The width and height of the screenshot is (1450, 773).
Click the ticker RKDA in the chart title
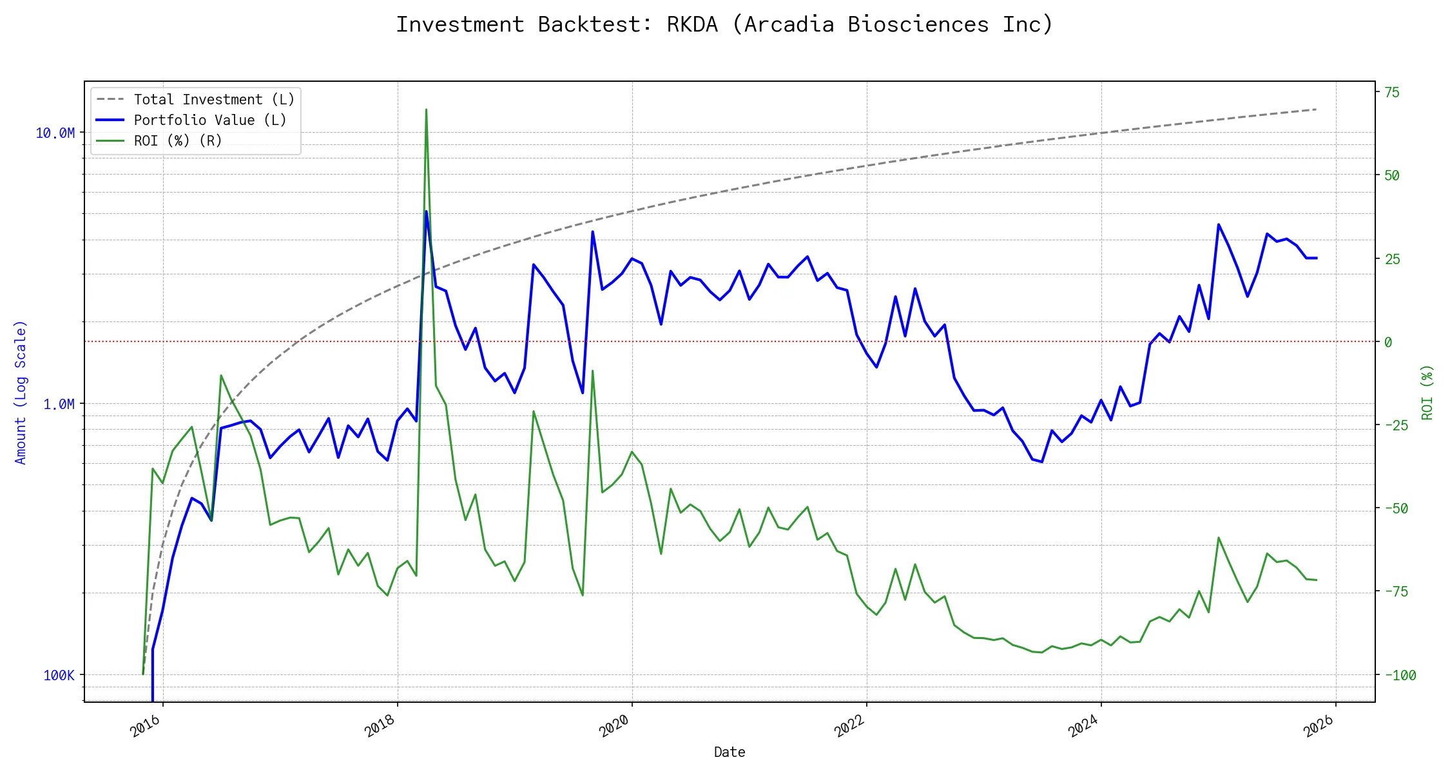691,24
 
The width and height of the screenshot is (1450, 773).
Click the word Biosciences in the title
918,24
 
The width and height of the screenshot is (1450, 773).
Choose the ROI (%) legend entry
178,141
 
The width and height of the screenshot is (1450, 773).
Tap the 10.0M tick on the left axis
55,133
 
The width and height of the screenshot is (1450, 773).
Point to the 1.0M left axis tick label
59,405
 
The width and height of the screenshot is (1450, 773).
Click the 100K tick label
59,676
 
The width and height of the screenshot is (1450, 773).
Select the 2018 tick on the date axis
380,727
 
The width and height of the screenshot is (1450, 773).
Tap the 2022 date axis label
849,727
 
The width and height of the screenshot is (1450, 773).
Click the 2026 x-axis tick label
1318,727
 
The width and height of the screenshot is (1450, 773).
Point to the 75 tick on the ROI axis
1392,93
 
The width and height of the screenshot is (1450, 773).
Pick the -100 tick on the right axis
1400,676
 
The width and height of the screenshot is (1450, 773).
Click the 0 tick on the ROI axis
1388,342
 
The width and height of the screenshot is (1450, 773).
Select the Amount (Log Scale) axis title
21,392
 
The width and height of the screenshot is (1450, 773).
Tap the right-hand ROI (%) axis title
1427,392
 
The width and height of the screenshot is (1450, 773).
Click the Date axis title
730,752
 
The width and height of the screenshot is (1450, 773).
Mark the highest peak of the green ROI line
426,110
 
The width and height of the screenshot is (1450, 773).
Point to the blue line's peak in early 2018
426,211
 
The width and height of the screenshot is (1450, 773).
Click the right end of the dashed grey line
1315,110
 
